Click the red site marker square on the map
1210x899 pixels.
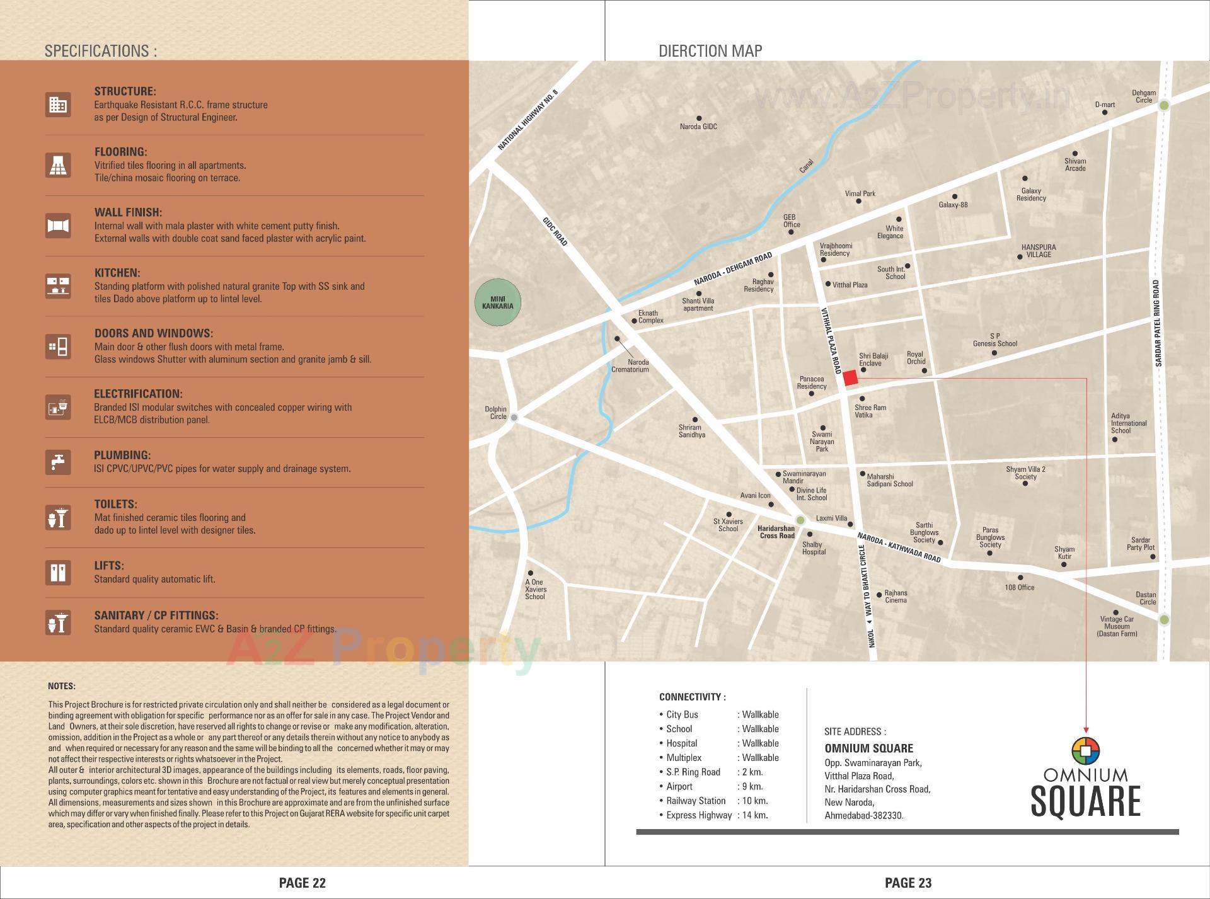(x=850, y=378)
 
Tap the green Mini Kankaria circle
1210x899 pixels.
(x=497, y=302)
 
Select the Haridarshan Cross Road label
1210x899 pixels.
(x=776, y=532)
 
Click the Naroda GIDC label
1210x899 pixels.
(x=698, y=127)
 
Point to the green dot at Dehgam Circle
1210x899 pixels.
(x=1164, y=106)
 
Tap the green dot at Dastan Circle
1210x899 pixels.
(x=1164, y=620)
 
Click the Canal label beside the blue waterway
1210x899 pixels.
(x=806, y=166)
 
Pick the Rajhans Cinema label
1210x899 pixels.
(x=896, y=596)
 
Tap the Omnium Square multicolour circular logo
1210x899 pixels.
(x=1085, y=750)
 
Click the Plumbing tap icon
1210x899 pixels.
(x=58, y=462)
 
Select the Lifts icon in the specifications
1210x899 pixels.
(x=58, y=572)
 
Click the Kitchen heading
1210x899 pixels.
(x=117, y=273)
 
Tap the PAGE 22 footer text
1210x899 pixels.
(x=302, y=883)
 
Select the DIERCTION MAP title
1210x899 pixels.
(x=710, y=51)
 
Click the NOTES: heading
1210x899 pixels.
(x=62, y=686)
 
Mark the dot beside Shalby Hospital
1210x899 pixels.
(x=810, y=535)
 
